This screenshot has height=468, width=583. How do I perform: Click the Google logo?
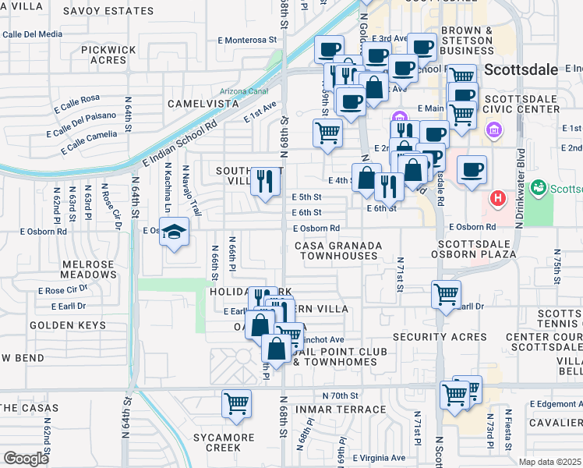(x=26, y=459)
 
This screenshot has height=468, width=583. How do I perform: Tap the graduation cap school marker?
(x=174, y=232)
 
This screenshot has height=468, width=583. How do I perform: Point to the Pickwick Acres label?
(x=103, y=55)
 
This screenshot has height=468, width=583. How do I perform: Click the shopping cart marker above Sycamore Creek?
(x=237, y=403)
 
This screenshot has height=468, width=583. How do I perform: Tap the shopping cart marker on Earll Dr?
(x=446, y=294)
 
